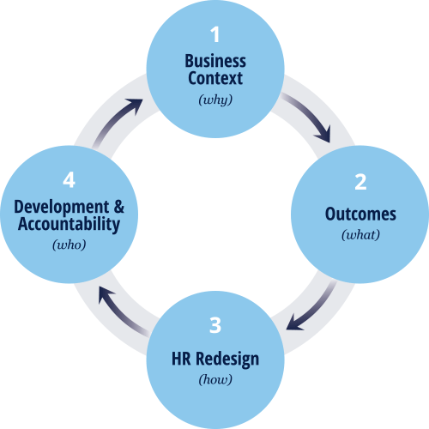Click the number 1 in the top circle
point(214,34)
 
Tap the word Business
point(215,61)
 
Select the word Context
point(215,78)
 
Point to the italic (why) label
point(215,100)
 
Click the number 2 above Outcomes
point(360,182)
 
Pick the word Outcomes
point(360,214)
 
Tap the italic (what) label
point(360,235)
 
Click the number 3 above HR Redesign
point(215,325)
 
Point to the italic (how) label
point(215,380)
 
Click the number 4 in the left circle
point(69,180)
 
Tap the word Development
point(62,207)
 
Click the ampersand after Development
point(119,207)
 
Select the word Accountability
point(69,224)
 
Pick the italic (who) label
point(69,245)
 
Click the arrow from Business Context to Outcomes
point(311,113)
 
